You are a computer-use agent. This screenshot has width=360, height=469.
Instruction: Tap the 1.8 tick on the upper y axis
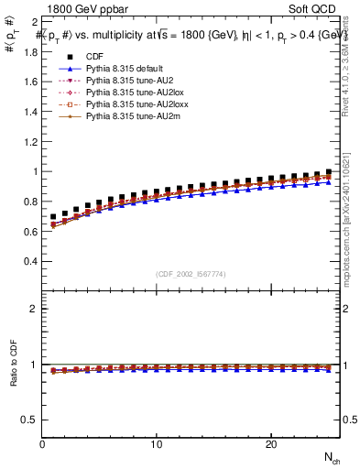29,51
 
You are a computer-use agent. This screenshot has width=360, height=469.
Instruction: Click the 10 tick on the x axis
157,444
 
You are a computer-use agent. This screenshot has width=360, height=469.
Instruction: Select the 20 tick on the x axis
270,444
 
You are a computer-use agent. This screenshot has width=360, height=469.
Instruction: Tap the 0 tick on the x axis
43,444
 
